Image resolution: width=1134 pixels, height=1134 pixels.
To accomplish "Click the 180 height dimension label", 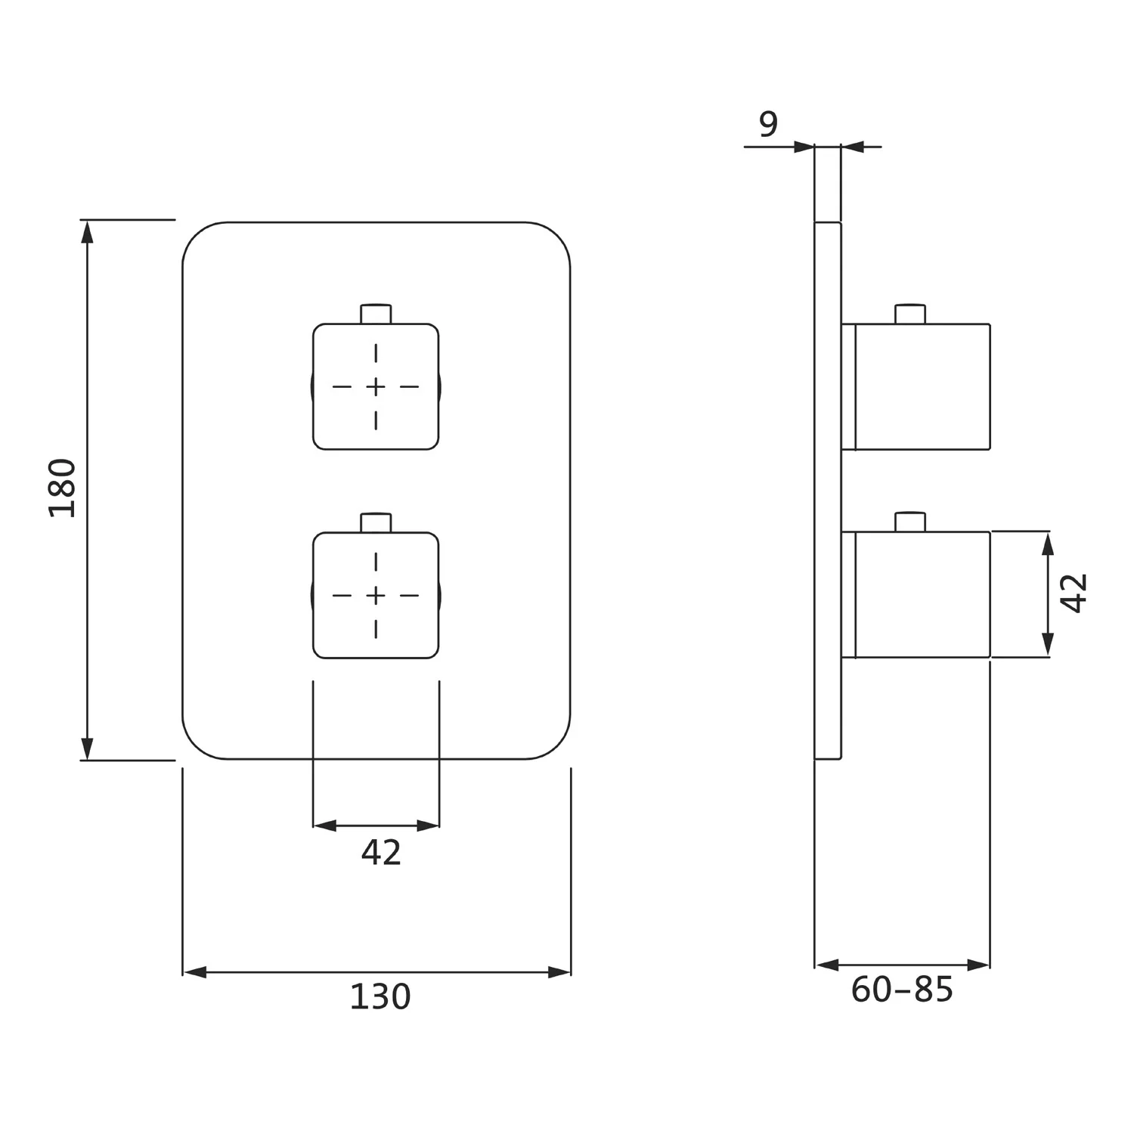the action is pos(63,488).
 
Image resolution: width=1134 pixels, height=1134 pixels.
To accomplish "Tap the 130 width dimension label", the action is pos(380,996).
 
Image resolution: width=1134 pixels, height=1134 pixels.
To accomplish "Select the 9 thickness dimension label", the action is pos(768,124).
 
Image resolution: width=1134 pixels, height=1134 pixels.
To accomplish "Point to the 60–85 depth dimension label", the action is pos(902,990).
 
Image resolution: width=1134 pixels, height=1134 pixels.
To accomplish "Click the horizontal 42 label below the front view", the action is pos(381,852).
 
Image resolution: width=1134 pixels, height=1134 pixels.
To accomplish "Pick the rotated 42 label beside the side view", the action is pos(1074,593).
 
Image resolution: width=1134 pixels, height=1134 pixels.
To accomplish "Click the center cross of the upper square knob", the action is pos(376,387).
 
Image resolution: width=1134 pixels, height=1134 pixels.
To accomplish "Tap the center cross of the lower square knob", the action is pos(376,596).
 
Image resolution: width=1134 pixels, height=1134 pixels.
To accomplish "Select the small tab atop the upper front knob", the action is pos(376,314).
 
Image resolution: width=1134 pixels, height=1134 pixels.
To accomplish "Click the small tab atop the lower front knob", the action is pos(376,522).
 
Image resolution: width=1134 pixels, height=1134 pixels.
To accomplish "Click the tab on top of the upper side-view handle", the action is pos(910,314).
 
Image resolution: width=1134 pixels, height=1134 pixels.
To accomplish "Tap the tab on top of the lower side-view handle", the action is pos(910,522).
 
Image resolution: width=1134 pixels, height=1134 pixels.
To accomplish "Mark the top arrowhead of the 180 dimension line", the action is pos(88,231).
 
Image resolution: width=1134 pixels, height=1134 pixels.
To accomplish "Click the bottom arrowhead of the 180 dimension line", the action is pos(88,748).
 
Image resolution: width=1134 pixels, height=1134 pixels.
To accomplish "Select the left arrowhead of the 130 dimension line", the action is pos(194,972).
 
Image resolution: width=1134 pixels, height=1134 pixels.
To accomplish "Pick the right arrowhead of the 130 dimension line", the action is pos(559,972).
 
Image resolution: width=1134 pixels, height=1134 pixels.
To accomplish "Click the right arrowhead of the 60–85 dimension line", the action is pos(978,965).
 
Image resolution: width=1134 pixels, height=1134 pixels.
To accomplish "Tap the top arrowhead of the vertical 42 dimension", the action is pos(1048,544).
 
